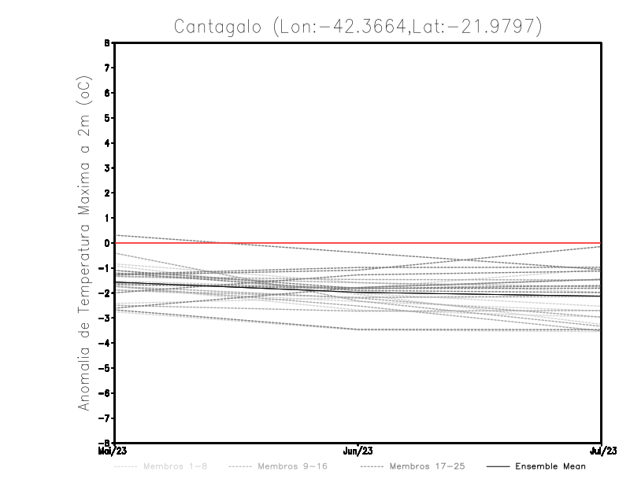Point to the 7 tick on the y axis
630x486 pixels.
click(108, 68)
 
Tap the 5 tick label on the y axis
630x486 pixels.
click(108, 118)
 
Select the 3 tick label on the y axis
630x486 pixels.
click(108, 168)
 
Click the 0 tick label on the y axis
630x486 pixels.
click(108, 243)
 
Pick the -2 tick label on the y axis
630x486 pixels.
click(106, 293)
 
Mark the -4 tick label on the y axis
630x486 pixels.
click(106, 343)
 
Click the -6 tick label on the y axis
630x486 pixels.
click(106, 392)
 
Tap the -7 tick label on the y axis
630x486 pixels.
click(106, 418)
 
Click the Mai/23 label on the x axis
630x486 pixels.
click(113, 451)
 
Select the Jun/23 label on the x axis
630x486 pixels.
click(358, 451)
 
